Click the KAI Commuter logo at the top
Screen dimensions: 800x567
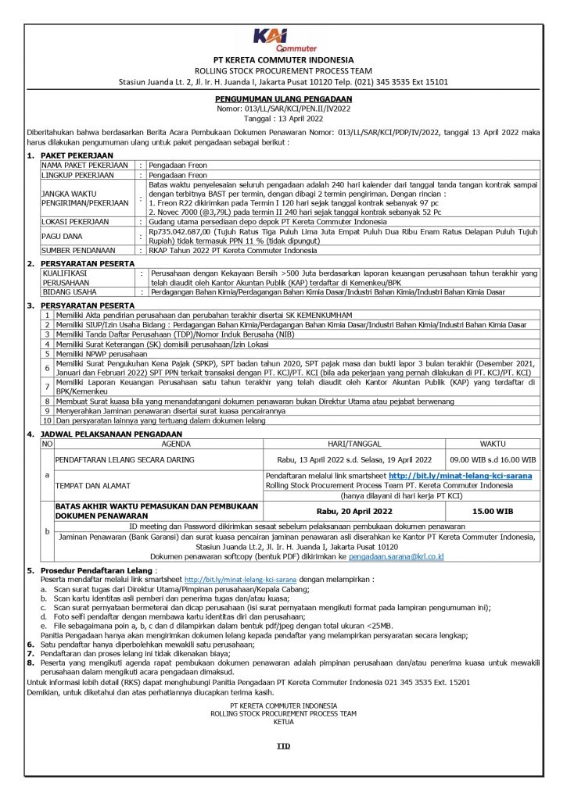283,40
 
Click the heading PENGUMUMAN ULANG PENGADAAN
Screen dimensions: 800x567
283,99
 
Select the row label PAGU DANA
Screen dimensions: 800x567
62,237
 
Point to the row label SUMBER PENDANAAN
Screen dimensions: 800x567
77,252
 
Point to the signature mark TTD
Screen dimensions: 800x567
283,746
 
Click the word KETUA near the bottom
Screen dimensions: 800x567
283,721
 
